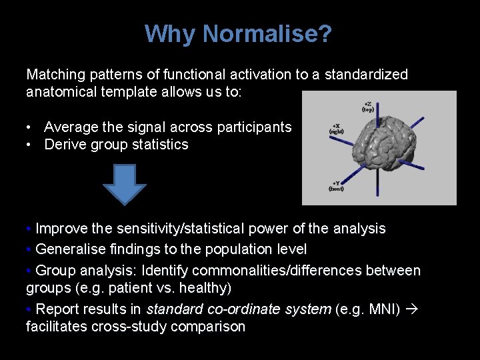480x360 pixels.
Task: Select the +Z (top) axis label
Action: [368, 107]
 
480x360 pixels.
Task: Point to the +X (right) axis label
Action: [337, 129]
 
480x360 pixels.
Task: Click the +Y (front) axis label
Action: [337, 186]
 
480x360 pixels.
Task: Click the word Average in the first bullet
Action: [70, 127]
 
